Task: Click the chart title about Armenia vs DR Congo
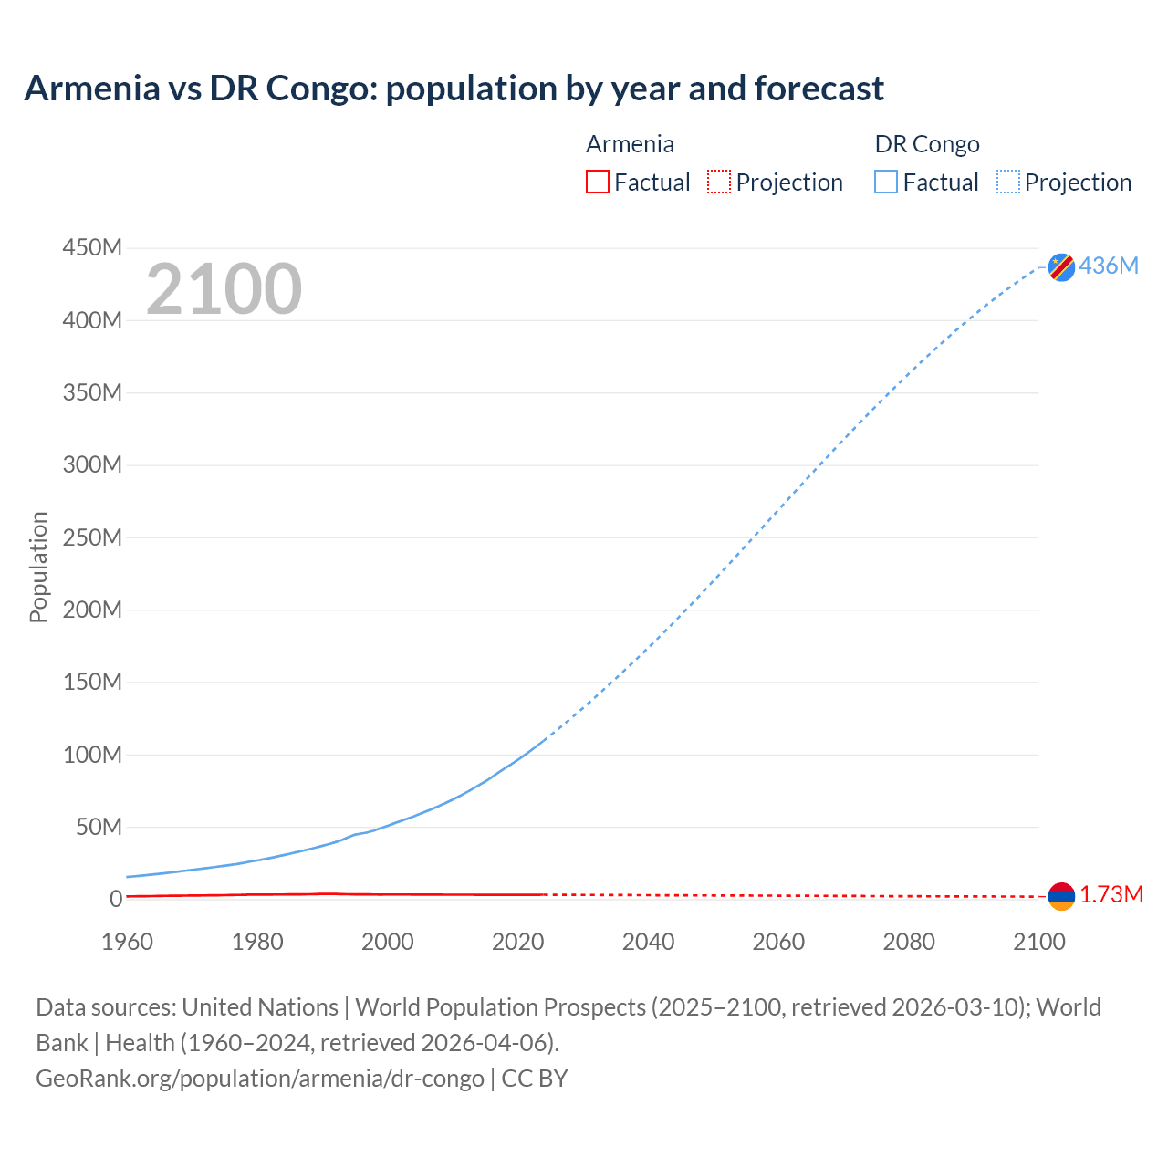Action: [454, 89]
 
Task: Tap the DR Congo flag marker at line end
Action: [1061, 266]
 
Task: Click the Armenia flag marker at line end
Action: [1061, 896]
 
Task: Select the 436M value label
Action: [1109, 266]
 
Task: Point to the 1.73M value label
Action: [1111, 895]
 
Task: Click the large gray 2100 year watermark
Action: [224, 289]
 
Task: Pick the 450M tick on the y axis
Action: [92, 248]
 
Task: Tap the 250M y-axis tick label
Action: [92, 537]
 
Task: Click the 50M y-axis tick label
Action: [99, 827]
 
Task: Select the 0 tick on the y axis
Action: [116, 899]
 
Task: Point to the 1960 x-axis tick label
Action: [127, 942]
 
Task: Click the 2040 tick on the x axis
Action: [648, 942]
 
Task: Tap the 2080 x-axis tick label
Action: [909, 942]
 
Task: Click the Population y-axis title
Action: [38, 567]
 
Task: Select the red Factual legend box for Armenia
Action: [598, 182]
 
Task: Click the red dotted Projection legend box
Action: [719, 182]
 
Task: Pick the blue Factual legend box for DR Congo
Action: [886, 182]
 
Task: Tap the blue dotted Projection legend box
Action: [1008, 182]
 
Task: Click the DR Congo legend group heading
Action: [927, 144]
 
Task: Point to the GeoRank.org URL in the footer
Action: [260, 1079]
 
